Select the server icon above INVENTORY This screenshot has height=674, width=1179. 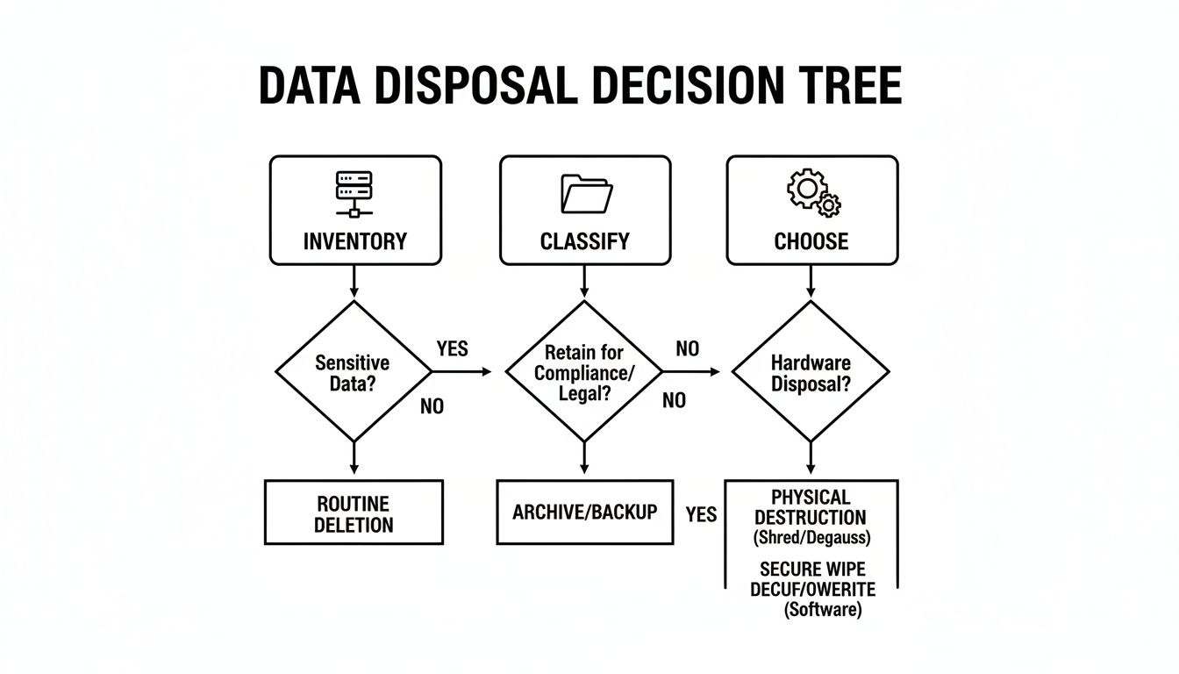[354, 194]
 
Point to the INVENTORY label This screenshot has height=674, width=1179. [354, 241]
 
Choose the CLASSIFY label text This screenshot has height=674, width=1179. [585, 241]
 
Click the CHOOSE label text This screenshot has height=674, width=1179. [811, 241]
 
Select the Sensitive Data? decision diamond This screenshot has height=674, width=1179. [354, 372]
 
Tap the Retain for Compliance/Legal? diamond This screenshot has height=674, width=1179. [584, 372]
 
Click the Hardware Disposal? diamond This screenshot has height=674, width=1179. [811, 372]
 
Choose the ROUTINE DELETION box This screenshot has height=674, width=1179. [354, 514]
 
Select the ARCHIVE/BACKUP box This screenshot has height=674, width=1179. [584, 512]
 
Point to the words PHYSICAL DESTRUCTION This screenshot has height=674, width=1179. [810, 506]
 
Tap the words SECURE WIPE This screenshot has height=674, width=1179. [811, 568]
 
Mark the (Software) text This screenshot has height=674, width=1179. [821, 610]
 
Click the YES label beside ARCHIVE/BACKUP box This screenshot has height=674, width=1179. [701, 514]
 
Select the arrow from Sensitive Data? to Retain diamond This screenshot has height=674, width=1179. [462, 371]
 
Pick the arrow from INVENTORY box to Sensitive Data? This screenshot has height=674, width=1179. [354, 282]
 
